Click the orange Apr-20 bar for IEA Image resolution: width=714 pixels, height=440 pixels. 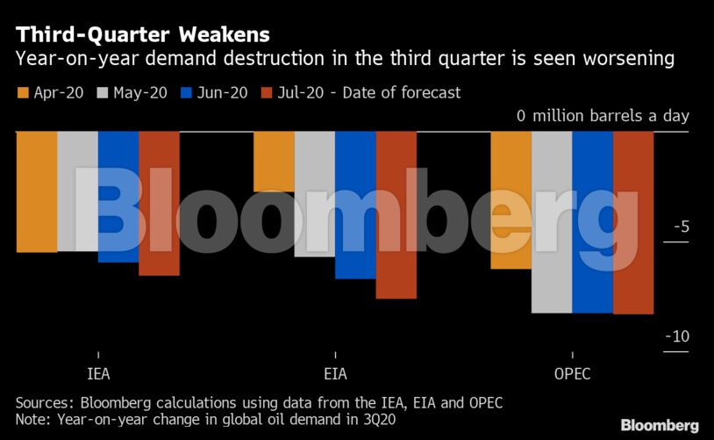click(37, 191)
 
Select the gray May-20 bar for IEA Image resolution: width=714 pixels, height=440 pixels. click(77, 191)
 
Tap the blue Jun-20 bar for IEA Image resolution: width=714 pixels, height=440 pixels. click(118, 197)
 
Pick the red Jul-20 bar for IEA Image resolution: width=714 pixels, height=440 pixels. click(159, 203)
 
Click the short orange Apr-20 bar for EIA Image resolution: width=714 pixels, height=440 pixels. click(274, 162)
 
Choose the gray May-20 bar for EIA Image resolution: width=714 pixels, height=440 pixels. click(314, 194)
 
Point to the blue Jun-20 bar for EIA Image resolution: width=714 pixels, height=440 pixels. click(355, 205)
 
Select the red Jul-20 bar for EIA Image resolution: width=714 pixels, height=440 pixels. click(396, 215)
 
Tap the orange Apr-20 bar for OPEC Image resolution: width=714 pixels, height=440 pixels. click(511, 200)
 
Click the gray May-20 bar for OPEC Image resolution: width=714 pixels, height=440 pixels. click(552, 222)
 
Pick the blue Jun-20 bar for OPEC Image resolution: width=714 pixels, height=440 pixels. click(592, 222)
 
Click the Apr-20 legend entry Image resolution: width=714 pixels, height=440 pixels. click(50, 92)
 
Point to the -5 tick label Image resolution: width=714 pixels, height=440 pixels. click(681, 227)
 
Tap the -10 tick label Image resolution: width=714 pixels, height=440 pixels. click(676, 337)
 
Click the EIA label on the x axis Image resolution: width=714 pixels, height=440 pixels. click(335, 373)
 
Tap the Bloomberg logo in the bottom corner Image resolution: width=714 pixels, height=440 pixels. click(660, 425)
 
